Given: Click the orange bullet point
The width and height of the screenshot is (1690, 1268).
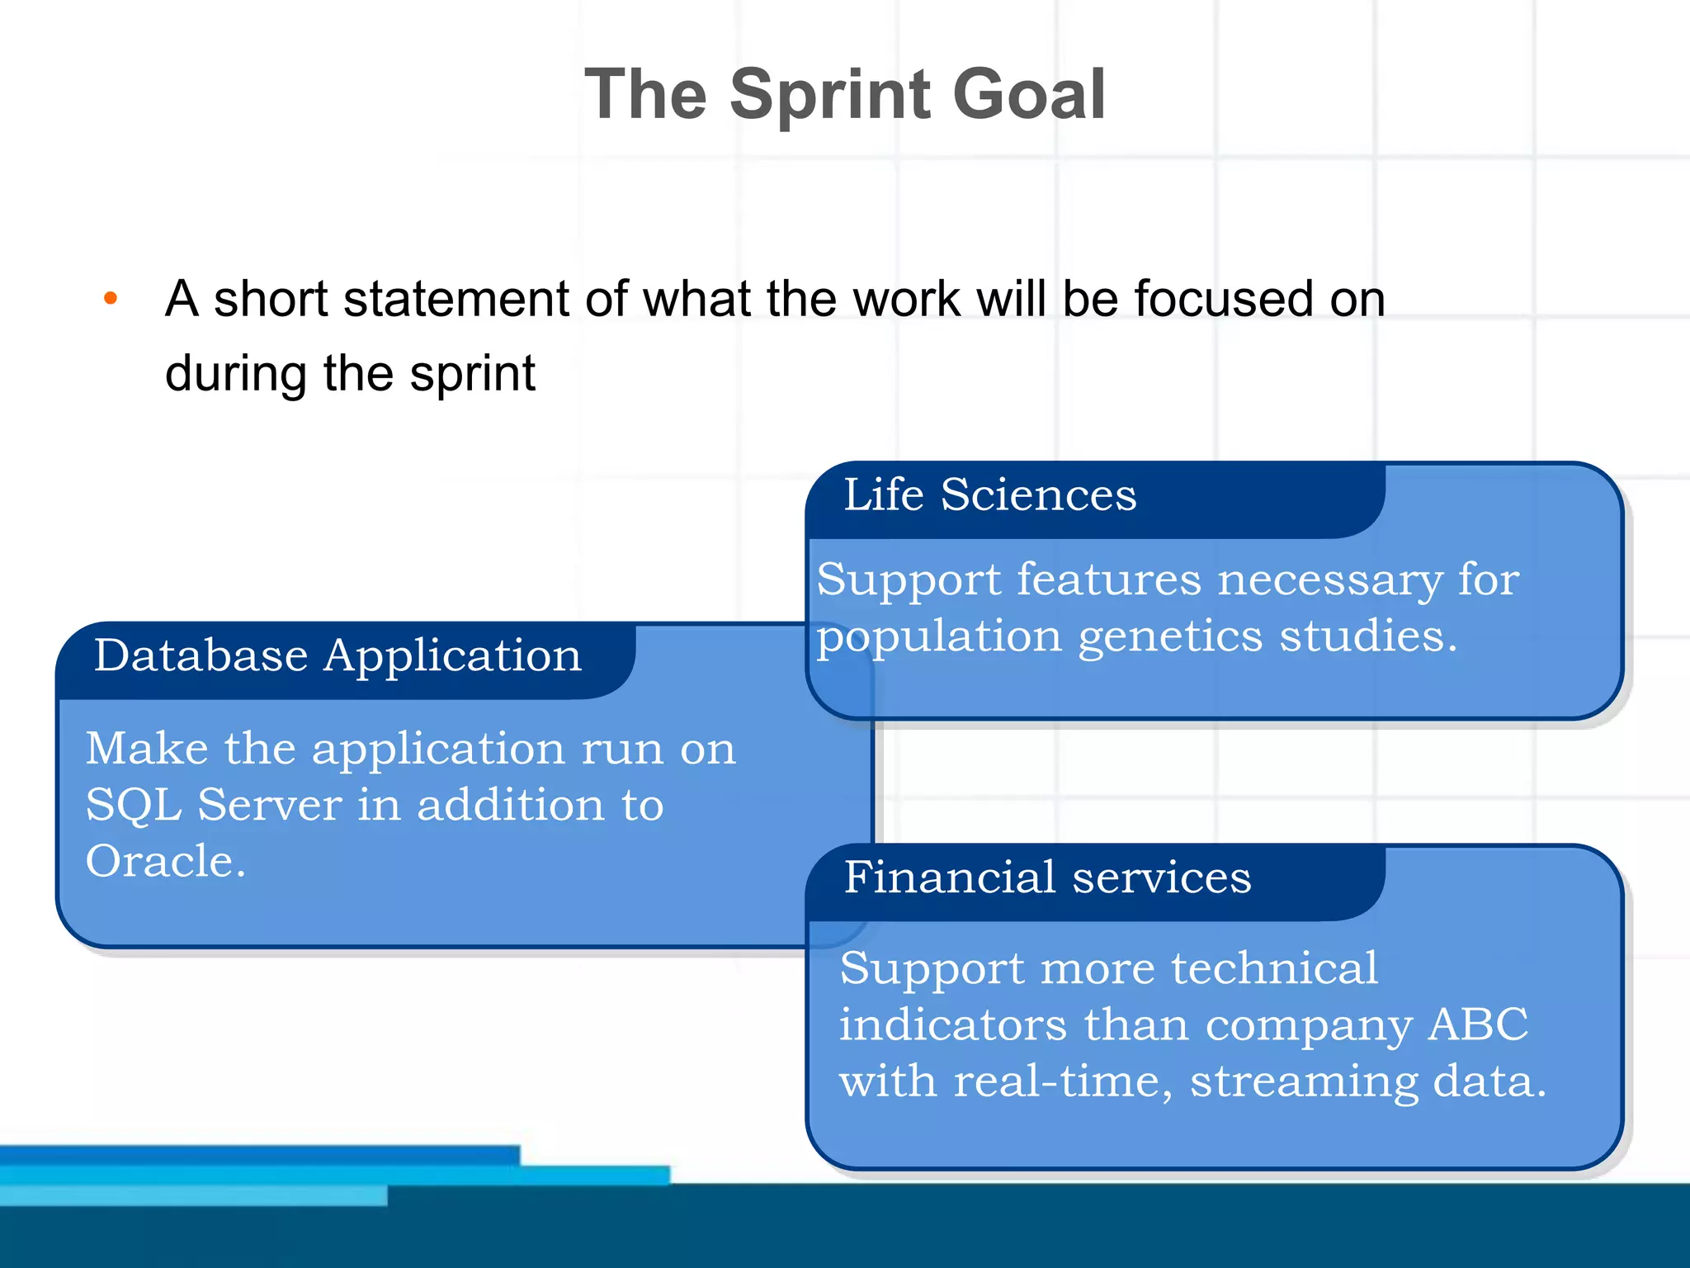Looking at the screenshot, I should [111, 299].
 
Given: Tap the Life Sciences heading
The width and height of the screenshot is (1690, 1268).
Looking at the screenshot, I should [989, 495].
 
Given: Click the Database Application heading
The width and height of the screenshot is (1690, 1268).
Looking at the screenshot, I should [338, 656].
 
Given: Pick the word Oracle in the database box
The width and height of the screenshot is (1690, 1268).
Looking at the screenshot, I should [165, 861].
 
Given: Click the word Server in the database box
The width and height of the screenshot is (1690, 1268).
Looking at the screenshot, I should [269, 805].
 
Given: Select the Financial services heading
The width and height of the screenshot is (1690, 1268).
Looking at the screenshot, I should [1047, 878].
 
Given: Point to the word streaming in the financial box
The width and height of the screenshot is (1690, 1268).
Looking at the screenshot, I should [1303, 1082].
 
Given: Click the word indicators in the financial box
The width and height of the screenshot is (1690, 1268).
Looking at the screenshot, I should [952, 1024].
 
